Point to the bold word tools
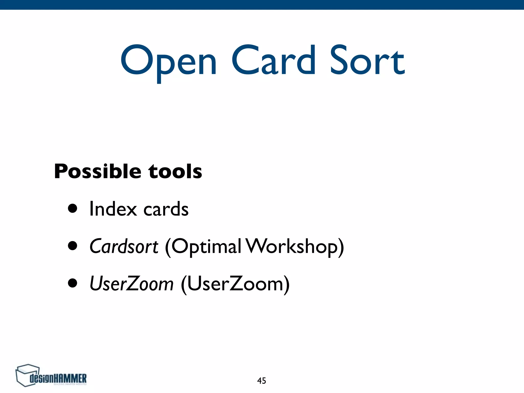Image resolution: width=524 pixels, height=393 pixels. pos(175,171)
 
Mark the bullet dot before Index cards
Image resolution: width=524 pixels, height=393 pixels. pos(73,209)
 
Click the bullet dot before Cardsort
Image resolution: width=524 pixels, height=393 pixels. pos(73,246)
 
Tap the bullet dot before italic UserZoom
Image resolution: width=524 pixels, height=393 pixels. pos(73,283)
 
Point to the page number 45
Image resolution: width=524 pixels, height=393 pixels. pos(261,381)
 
